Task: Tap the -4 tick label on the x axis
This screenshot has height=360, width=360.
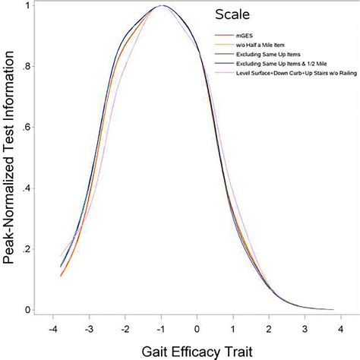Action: [x=52, y=330]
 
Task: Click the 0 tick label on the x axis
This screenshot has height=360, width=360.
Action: [x=197, y=330]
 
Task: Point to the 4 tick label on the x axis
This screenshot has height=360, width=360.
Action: [x=341, y=330]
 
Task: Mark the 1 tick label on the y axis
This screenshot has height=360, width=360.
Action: [x=28, y=6]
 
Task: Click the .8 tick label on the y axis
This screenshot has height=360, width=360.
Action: [x=27, y=67]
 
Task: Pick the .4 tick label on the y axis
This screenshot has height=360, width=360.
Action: [x=27, y=188]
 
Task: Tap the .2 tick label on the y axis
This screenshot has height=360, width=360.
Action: [x=27, y=249]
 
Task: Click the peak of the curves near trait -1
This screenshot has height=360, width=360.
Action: [x=162, y=6]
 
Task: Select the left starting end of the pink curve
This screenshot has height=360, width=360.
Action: [x=61, y=256]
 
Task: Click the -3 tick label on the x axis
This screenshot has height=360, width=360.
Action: [x=88, y=330]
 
